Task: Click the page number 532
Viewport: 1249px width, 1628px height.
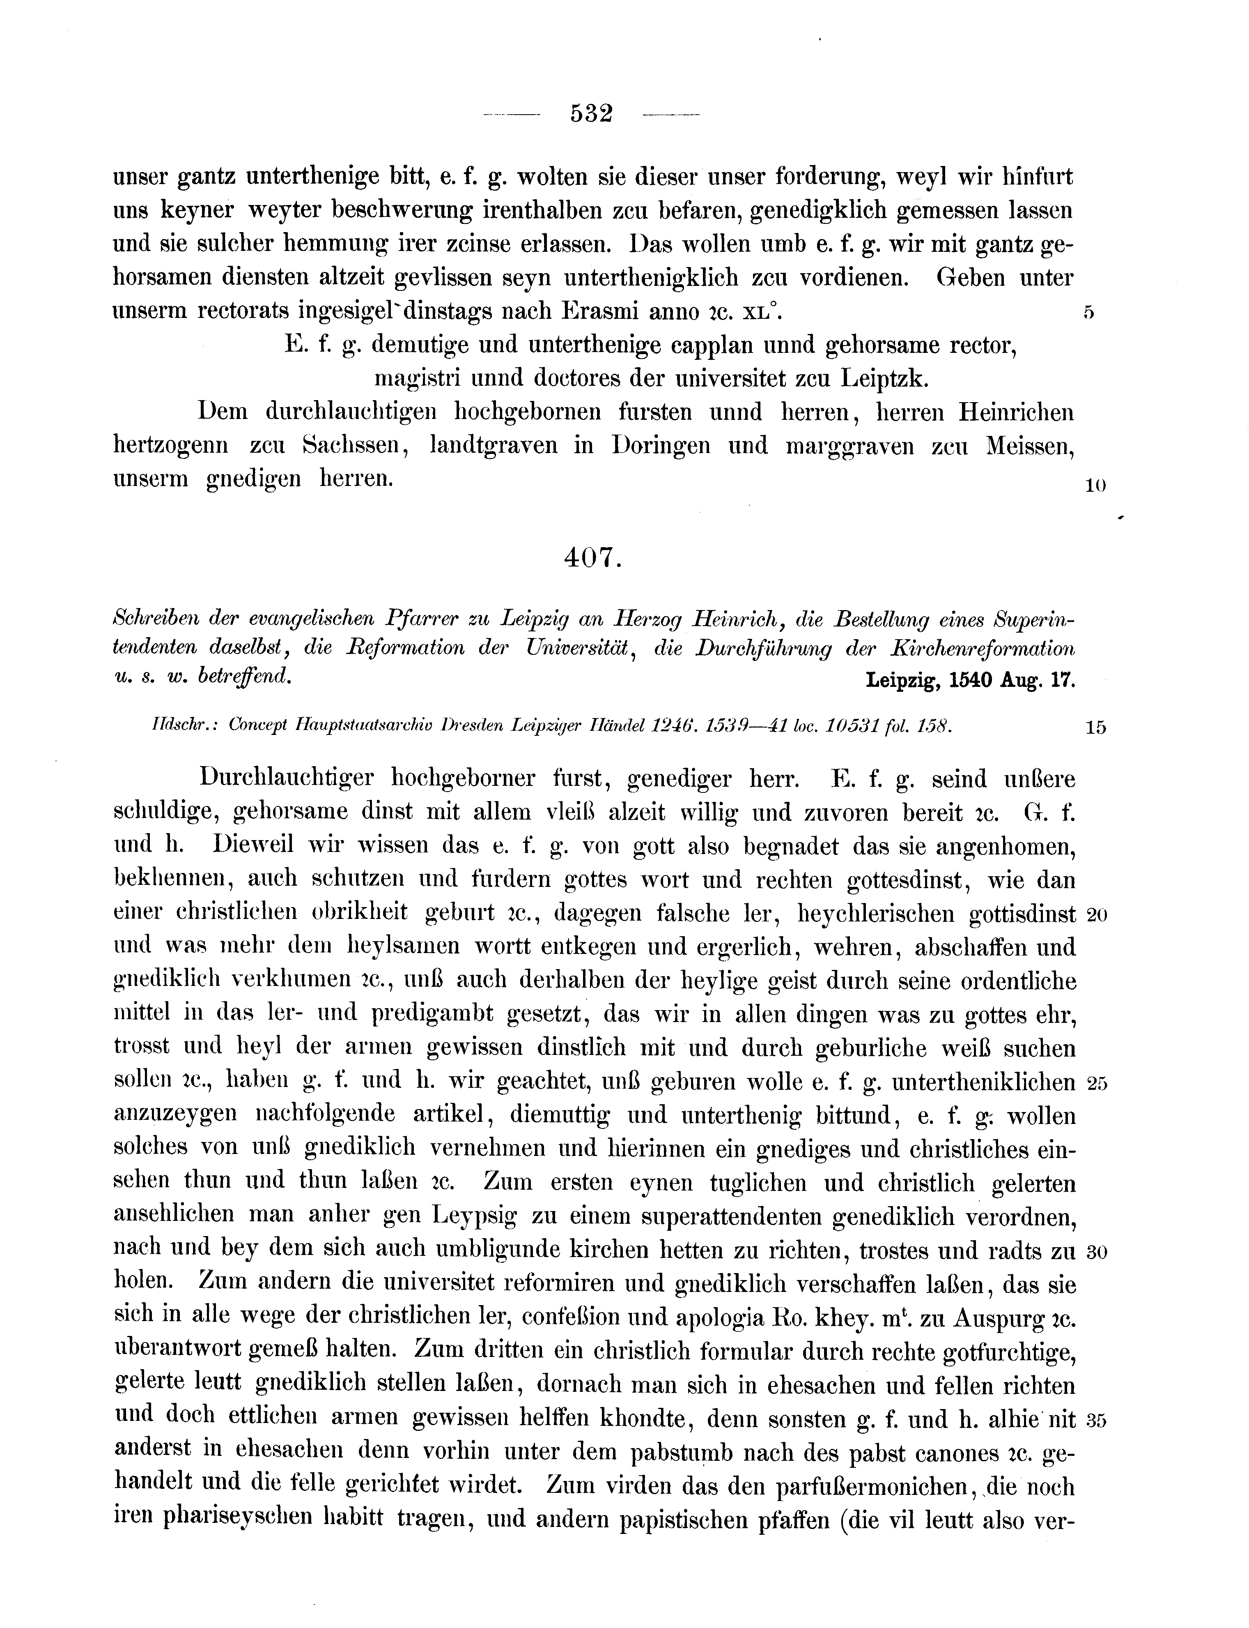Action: click(x=591, y=114)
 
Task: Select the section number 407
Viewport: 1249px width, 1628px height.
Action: click(x=592, y=559)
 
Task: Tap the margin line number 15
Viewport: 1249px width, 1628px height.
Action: click(x=1095, y=728)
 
